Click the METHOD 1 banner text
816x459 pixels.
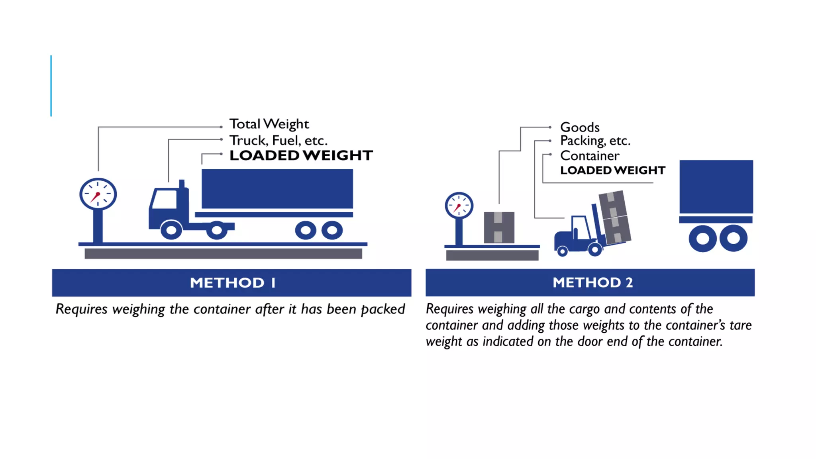pyautogui.click(x=232, y=283)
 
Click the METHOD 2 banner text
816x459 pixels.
pyautogui.click(x=592, y=283)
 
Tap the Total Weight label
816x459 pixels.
pyautogui.click(x=269, y=124)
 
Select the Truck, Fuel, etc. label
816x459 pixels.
pyautogui.click(x=278, y=140)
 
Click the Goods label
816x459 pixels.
pyautogui.click(x=580, y=127)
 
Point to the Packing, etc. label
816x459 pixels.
pyautogui.click(x=595, y=141)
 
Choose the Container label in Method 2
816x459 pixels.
pyautogui.click(x=590, y=156)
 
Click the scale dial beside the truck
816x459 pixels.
pyautogui.click(x=98, y=194)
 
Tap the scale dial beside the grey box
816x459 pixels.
pyautogui.click(x=459, y=206)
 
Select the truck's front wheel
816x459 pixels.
pyautogui.click(x=171, y=230)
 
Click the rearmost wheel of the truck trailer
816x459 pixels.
pyautogui.click(x=332, y=230)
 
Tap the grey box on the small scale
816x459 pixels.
pyautogui.click(x=499, y=228)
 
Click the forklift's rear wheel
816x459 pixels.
pyautogui.click(x=562, y=251)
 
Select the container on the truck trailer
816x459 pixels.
pyautogui.click(x=277, y=189)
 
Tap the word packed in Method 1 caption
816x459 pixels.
pyautogui.click(x=383, y=309)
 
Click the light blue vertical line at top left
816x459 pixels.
pyautogui.click(x=51, y=86)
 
